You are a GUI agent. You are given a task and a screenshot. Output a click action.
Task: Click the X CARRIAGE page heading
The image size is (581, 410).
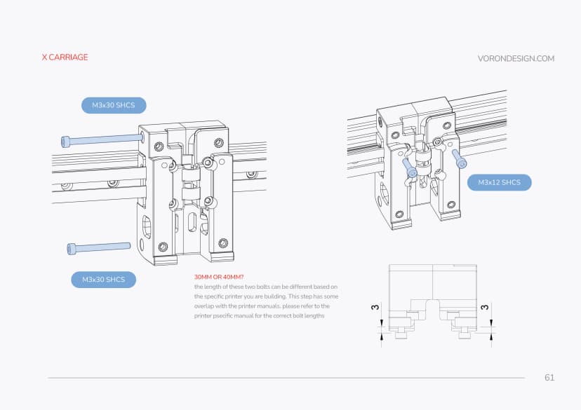[x=65, y=57]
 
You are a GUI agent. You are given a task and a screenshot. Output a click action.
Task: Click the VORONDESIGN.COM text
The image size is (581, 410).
[x=516, y=59]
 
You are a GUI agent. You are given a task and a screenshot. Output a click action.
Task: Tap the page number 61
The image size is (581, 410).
[x=549, y=378]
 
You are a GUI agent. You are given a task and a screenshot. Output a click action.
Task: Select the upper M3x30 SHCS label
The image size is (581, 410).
[x=113, y=106]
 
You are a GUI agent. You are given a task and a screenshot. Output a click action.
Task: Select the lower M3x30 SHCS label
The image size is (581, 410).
[x=103, y=280]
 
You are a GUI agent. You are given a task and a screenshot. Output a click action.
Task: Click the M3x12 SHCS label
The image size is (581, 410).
[x=499, y=183]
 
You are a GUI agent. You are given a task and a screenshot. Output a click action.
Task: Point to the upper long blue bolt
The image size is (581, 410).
[x=101, y=140]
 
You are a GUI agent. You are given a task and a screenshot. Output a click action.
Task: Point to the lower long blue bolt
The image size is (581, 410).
[x=98, y=247]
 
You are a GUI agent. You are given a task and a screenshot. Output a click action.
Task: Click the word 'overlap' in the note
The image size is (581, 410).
[x=207, y=306]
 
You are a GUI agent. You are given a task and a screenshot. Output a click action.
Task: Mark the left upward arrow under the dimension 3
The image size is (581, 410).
[x=382, y=337]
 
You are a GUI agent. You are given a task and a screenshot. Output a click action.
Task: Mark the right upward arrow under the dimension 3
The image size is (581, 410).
[x=491, y=337]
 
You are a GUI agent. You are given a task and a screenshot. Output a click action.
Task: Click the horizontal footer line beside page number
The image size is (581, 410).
[x=281, y=378]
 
